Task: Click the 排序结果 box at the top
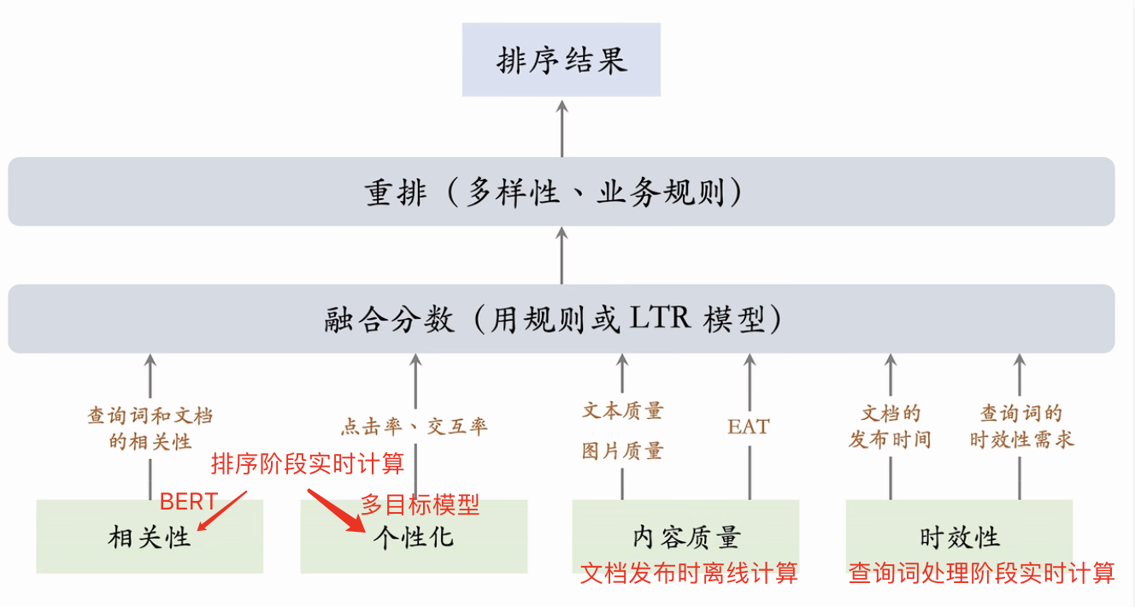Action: [x=562, y=60]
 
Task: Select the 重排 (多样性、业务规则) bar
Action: [x=562, y=192]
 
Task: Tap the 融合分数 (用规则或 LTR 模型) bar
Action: [x=562, y=319]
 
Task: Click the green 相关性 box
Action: [x=150, y=537]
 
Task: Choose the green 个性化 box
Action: [x=414, y=537]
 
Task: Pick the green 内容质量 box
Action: [x=685, y=537]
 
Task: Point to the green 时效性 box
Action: [x=959, y=537]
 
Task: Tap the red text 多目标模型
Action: [x=420, y=504]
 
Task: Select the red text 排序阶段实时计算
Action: [x=308, y=464]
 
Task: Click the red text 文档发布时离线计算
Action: [x=689, y=573]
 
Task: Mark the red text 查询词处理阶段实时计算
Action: [x=981, y=573]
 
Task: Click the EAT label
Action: [x=749, y=426]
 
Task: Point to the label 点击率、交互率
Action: [x=415, y=427]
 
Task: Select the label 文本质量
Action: [x=622, y=411]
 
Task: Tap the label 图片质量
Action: [x=622, y=451]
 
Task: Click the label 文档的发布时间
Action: [x=890, y=427]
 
